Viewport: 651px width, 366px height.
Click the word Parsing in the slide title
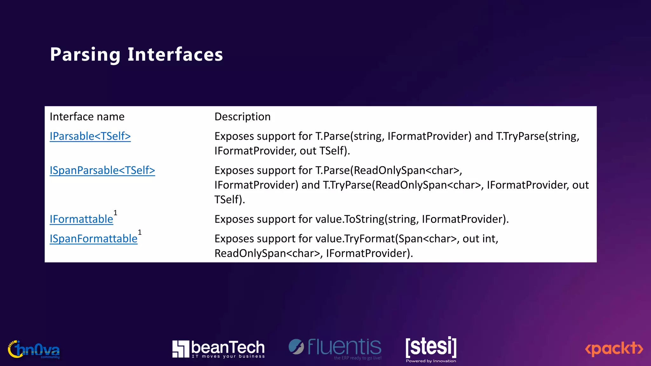point(85,55)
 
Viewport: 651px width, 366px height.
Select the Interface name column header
point(87,117)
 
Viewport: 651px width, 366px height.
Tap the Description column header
point(243,117)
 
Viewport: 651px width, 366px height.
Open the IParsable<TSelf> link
point(90,136)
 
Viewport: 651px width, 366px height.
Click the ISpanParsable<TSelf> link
point(102,171)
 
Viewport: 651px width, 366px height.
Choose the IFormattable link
point(81,219)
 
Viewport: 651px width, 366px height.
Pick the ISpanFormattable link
point(93,239)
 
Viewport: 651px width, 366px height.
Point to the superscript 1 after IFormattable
point(115,213)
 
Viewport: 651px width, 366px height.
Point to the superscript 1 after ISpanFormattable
point(140,233)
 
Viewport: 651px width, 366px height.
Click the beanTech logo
point(218,349)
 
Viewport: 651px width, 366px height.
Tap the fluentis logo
point(335,348)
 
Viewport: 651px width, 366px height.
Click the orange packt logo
point(614,349)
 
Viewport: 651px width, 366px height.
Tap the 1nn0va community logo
point(34,350)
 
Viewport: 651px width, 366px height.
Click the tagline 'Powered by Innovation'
point(431,361)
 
